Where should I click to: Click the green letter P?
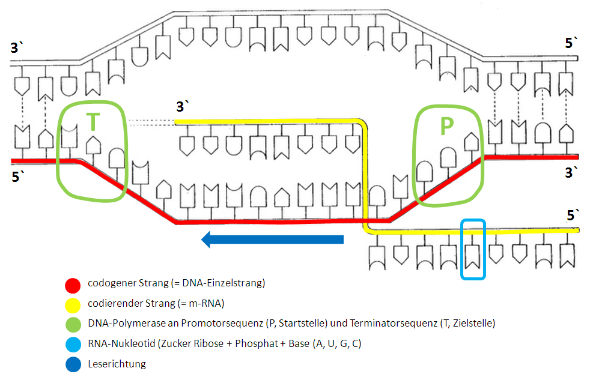coord(446,126)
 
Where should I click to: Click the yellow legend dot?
coord(73,304)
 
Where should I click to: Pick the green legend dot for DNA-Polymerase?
coord(73,324)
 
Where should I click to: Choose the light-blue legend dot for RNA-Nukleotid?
coord(73,344)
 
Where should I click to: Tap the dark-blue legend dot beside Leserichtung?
coord(73,364)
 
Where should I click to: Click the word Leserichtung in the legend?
coord(117,363)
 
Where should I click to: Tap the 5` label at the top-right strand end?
coord(572,43)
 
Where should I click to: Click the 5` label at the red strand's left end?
coord(17,177)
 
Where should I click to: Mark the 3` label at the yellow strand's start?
coord(183,107)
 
